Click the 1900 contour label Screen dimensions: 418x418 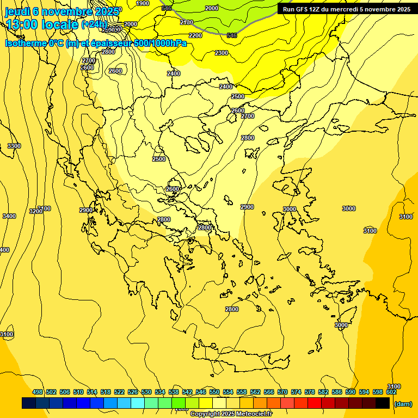[x=143, y=3]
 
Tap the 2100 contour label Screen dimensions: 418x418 [x=186, y=22]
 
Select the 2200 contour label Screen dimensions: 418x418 [x=195, y=35]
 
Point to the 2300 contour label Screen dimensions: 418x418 [x=221, y=53]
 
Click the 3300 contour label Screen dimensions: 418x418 [x=14, y=146]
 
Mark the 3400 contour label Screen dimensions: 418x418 [x=9, y=216]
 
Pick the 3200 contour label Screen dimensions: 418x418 [x=36, y=211]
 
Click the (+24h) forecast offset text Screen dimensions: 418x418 [x=94, y=24]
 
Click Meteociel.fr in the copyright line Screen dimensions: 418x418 [x=251, y=414]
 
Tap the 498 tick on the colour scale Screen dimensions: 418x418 [x=38, y=392]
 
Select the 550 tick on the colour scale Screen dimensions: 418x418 [x=214, y=392]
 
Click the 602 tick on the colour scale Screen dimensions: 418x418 [x=391, y=392]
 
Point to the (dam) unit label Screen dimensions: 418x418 [x=403, y=403]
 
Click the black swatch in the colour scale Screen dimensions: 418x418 [x=383, y=403]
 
